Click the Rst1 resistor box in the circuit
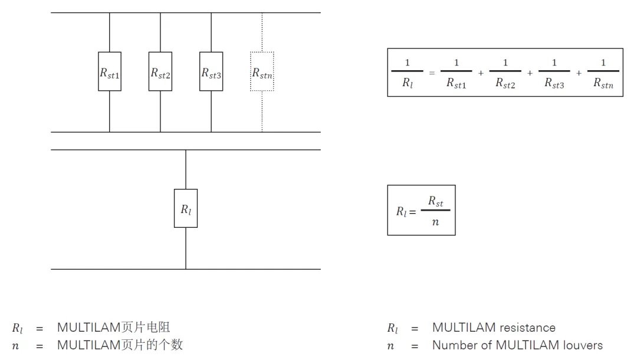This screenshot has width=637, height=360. coord(110,71)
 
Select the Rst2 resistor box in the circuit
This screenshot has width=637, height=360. coord(160,71)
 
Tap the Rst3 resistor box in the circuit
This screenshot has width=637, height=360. coord(211,71)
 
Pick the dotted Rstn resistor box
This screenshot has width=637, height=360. coord(262,71)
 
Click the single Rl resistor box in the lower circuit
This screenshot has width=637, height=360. coord(186,208)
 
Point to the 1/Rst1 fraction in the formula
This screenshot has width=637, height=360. coord(456,73)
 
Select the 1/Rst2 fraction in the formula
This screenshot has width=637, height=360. coord(505,73)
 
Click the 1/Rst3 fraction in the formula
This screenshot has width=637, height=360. coord(554,73)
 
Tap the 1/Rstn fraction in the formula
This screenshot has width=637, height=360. coord(603,73)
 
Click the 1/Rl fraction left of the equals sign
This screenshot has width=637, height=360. coord(407,73)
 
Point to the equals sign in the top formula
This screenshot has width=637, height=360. coord(432,73)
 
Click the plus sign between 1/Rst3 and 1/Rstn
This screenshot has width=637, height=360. coord(579,73)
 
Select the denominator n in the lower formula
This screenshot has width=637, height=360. coord(435,222)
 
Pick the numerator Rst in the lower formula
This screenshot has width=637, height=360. coord(435,201)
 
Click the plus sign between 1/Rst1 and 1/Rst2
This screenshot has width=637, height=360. coord(481,73)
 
